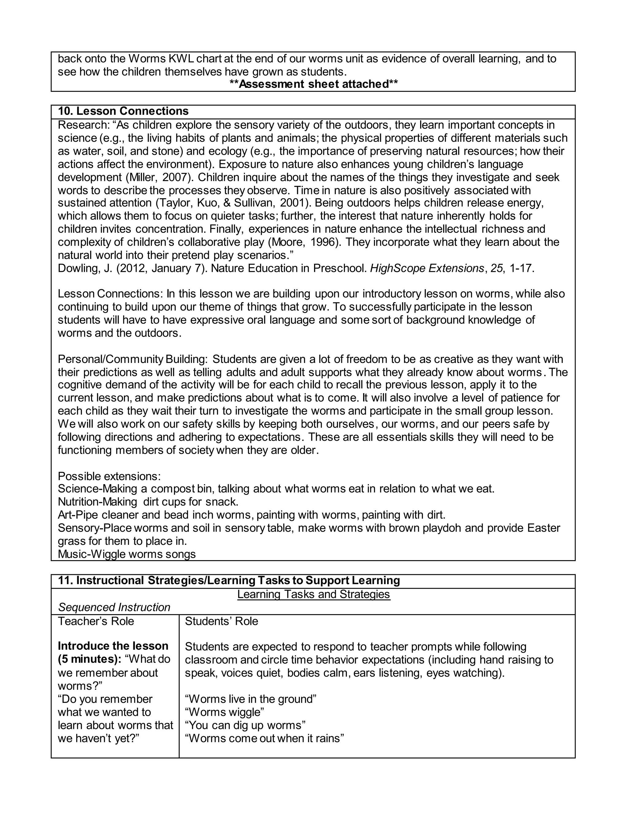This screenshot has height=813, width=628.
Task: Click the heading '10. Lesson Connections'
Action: [x=123, y=111]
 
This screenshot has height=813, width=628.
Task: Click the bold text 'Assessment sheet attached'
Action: [x=314, y=84]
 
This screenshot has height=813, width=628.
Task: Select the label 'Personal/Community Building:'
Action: [x=133, y=359]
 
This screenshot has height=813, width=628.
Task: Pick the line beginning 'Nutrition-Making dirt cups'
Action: [x=148, y=502]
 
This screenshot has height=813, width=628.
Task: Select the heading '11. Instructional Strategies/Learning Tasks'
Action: [x=229, y=580]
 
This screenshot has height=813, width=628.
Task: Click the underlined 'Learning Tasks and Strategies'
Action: [x=314, y=594]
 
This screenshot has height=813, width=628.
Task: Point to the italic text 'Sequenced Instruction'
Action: [x=114, y=607]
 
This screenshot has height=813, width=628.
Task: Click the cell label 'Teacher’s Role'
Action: [x=96, y=621]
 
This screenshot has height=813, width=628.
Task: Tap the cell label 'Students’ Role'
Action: [x=221, y=621]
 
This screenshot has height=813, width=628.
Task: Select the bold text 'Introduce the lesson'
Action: [x=113, y=646]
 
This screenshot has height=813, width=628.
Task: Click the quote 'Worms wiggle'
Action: [x=225, y=712]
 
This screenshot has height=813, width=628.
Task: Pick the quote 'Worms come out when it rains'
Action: [x=265, y=738]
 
